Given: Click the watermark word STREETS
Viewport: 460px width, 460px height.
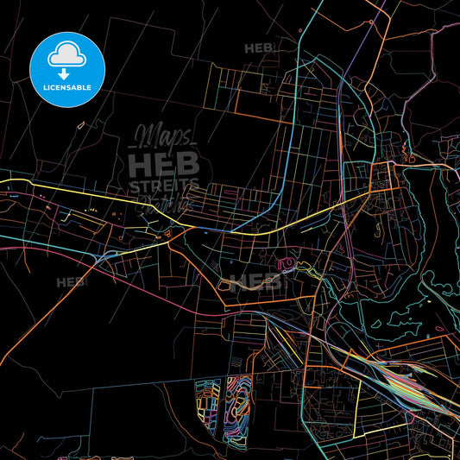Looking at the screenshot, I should coord(164,186).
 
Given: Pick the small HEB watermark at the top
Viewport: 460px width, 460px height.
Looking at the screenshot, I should coord(259,48).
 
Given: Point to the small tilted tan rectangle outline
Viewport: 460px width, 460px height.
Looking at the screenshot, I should coord(81,126).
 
